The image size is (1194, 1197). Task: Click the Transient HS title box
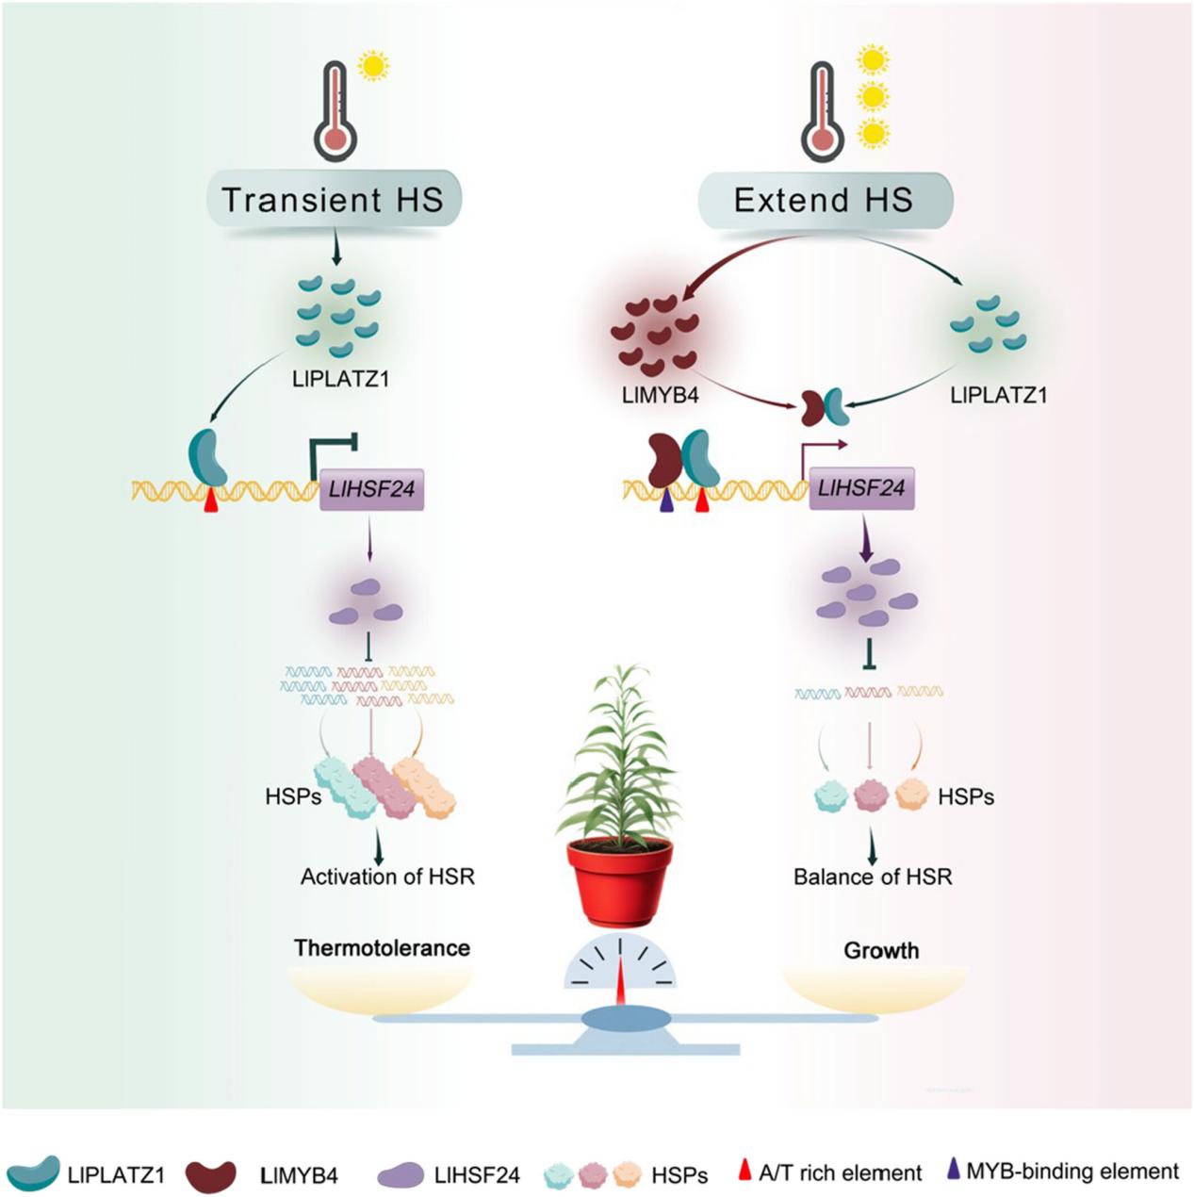click(x=333, y=200)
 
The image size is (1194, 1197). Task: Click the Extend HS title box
click(x=824, y=200)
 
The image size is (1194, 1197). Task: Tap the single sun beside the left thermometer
click(x=374, y=67)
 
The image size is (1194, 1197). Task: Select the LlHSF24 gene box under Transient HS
click(x=372, y=489)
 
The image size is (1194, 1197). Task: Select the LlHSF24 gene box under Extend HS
click(x=861, y=488)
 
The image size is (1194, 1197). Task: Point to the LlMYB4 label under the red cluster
click(x=660, y=395)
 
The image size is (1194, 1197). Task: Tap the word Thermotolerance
click(x=382, y=947)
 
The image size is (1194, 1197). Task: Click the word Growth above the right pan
click(x=881, y=950)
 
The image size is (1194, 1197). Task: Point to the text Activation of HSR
click(x=387, y=877)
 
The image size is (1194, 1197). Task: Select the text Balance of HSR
click(x=873, y=877)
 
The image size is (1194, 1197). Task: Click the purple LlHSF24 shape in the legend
click(x=401, y=1174)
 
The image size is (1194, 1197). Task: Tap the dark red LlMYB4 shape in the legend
click(x=211, y=1174)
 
